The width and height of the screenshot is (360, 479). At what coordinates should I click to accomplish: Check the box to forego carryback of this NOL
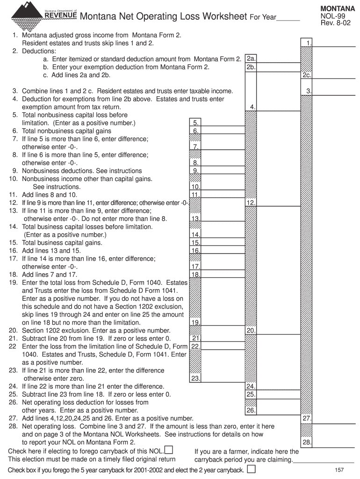click(x=169, y=450)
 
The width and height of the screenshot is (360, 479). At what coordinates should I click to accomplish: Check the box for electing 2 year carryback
click(x=251, y=469)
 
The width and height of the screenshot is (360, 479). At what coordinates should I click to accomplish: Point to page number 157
click(x=340, y=470)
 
